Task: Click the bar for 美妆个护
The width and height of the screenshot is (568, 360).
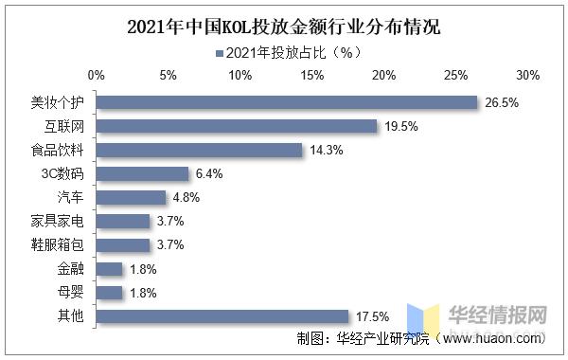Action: (x=287, y=102)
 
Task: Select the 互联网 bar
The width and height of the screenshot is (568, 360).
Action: (x=237, y=126)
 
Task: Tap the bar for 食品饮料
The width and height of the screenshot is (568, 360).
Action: (x=199, y=150)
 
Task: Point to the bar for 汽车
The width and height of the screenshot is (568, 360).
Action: (x=131, y=197)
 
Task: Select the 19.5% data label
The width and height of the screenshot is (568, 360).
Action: (x=399, y=126)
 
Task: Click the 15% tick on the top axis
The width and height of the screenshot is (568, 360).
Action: (x=311, y=74)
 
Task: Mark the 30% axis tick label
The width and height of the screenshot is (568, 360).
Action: (x=527, y=74)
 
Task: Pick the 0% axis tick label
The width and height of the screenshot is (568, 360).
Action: (x=96, y=74)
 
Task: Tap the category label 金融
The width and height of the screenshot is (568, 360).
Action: (x=70, y=269)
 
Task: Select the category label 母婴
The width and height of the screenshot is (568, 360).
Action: (x=70, y=293)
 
